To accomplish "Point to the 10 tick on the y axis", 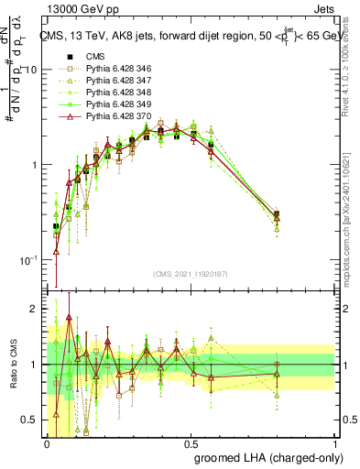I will [32, 70].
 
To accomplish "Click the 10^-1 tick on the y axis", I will [29, 260].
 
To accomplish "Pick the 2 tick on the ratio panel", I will [36, 310].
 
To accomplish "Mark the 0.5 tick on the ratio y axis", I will [32, 420].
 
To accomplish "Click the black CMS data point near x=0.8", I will [277, 215].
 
